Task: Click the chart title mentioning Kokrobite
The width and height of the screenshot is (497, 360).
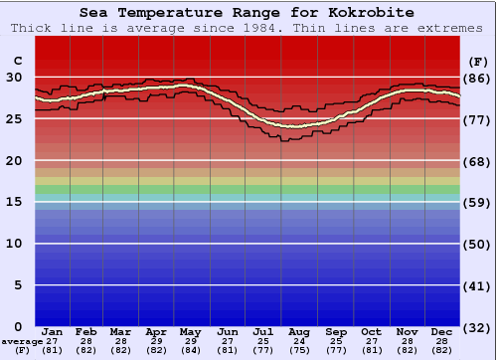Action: point(248,13)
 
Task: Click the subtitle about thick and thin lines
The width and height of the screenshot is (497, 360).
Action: point(248,28)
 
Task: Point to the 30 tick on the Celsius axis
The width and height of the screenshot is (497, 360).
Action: point(15,77)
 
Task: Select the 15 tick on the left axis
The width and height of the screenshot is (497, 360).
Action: point(15,202)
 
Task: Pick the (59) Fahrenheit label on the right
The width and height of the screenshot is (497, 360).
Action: point(477,202)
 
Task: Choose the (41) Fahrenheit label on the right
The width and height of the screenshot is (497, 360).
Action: point(477,285)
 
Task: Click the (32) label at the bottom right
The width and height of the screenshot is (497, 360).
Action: point(477,327)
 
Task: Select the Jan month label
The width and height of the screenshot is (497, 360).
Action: point(53,331)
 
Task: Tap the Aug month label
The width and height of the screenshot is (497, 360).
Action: point(299,331)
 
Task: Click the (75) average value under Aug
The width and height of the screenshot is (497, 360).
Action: point(299,350)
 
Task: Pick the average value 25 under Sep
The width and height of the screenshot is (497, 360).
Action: point(336,341)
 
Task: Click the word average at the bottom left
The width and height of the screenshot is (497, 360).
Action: point(22,341)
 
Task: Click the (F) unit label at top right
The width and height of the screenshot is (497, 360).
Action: point(477,60)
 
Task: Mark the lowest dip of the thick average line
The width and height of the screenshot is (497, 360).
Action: point(294,126)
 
